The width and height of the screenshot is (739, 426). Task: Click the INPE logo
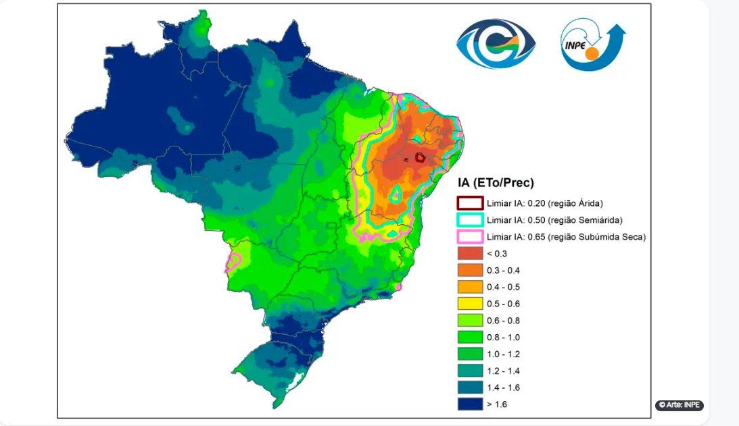pyautogui.click(x=592, y=45)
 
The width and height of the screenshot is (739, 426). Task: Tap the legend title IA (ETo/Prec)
pyautogui.click(x=496, y=182)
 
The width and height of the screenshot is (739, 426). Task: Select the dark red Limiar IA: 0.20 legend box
pyautogui.click(x=469, y=203)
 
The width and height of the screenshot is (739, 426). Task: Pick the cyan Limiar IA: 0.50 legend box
pyautogui.click(x=469, y=220)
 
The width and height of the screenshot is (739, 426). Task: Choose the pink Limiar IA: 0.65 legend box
pyautogui.click(x=469, y=237)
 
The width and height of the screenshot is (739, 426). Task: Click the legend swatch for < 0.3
pyautogui.click(x=469, y=254)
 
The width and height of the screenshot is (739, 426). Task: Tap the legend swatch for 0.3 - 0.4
pyautogui.click(x=469, y=270)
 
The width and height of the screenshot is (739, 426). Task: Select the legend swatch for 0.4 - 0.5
pyautogui.click(x=469, y=287)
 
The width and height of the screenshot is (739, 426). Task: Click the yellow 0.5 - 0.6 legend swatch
pyautogui.click(x=469, y=304)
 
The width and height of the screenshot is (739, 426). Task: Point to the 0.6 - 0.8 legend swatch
pyautogui.click(x=469, y=321)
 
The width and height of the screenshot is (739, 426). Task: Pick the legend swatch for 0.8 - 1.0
pyautogui.click(x=469, y=337)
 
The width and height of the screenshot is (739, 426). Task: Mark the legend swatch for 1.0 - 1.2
pyautogui.click(x=469, y=354)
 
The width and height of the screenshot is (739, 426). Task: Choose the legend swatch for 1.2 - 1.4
pyautogui.click(x=469, y=371)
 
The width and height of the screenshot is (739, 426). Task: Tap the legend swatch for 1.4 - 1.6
pyautogui.click(x=469, y=388)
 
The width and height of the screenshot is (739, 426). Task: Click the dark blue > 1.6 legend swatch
pyautogui.click(x=469, y=404)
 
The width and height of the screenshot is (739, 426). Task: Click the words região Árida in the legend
pyautogui.click(x=577, y=203)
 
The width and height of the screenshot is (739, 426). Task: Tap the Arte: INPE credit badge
pyautogui.click(x=679, y=405)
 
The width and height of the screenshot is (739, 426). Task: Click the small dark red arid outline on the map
pyautogui.click(x=420, y=157)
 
